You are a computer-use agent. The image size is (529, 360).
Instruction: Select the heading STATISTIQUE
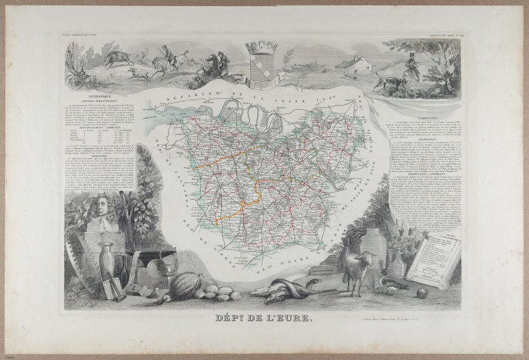pos(100,95)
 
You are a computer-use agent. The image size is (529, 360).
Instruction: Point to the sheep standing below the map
pos(358,268)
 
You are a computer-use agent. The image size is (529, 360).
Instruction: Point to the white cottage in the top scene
pos(356,64)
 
